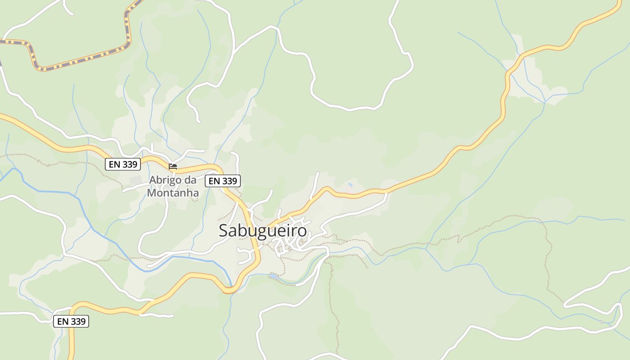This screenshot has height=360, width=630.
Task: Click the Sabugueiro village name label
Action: pyautogui.click(x=263, y=230)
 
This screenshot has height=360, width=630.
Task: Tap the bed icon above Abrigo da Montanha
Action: pyautogui.click(x=173, y=166)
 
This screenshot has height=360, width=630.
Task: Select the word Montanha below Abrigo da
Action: pyautogui.click(x=173, y=193)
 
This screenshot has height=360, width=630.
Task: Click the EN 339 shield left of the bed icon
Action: pyautogui.click(x=123, y=164)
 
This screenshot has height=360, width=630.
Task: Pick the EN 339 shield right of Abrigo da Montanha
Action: pyautogui.click(x=223, y=181)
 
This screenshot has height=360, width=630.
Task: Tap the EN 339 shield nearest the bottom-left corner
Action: pyautogui.click(x=71, y=321)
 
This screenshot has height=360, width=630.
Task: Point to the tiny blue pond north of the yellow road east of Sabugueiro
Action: pyautogui.click(x=350, y=184)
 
